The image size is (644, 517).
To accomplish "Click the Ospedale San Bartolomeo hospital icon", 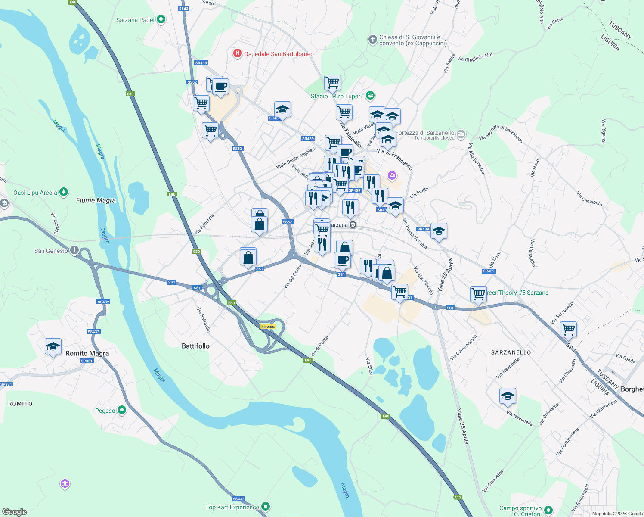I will coord(237,54).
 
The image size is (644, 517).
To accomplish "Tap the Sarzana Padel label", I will coord(135,20).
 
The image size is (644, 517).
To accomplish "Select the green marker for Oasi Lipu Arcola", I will coord(64,192).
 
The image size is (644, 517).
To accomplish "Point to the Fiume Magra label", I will coord(96,200).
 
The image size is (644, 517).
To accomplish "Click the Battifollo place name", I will coord(195,346).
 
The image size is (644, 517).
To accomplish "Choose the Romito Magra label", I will coord(87,353).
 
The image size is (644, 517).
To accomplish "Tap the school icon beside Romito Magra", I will coord(53,347).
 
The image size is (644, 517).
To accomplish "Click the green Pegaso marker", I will coord(122,410).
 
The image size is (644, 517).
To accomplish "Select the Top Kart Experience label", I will coord(232,507).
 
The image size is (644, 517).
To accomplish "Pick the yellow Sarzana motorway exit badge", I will coord(268,327).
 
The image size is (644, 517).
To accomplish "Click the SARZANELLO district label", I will coord(511,352).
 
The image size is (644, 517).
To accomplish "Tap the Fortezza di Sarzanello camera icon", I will coord(461,134).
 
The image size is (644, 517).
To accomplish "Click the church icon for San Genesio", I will coord(74,250).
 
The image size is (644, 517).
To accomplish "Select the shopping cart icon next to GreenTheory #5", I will coord(478,294).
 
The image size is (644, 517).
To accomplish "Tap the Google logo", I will coord(15,511).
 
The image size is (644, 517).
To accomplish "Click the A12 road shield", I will coord(457,497).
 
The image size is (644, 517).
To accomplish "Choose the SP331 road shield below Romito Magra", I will coord(87,361).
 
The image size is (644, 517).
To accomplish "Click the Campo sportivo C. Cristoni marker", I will coord(548,510).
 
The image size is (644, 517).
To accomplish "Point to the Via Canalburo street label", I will coord(589,199).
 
